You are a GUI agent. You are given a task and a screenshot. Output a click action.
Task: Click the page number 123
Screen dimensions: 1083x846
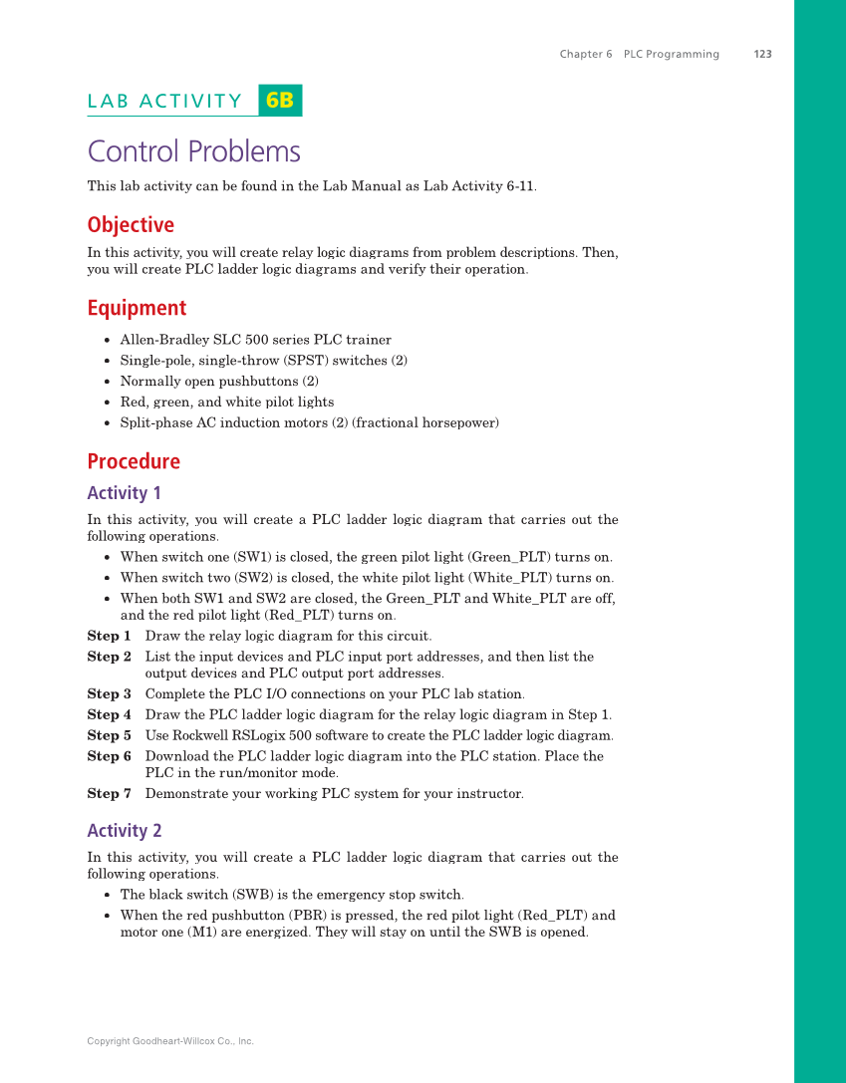click(x=762, y=54)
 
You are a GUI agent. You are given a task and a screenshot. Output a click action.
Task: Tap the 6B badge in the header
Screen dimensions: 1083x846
click(x=280, y=101)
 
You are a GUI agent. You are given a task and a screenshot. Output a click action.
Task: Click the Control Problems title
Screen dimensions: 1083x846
click(x=193, y=151)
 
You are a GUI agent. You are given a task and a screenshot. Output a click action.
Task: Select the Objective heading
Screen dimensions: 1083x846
click(x=131, y=225)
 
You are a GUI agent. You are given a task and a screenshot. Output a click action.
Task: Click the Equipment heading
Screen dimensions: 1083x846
click(x=137, y=308)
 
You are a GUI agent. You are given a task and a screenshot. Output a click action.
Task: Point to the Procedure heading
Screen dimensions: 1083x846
click(x=134, y=461)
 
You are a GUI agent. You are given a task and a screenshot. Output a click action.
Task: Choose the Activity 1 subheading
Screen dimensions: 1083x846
click(x=124, y=493)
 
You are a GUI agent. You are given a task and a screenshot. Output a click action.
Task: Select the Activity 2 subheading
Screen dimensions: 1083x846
click(x=124, y=831)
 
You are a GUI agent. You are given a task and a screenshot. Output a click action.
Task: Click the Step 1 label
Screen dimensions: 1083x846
click(x=109, y=636)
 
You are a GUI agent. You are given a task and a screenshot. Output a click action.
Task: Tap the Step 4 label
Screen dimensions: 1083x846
click(x=109, y=714)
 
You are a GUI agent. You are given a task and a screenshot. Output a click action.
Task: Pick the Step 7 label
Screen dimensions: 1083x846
click(x=109, y=793)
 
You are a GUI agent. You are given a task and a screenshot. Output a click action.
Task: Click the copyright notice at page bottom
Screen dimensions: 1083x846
click(x=170, y=1041)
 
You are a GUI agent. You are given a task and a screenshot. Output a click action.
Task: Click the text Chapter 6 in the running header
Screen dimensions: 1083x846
click(x=586, y=54)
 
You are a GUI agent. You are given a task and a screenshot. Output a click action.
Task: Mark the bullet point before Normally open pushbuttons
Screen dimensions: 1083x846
click(x=107, y=382)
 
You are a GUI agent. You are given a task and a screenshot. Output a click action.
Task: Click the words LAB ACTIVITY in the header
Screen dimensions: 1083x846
click(x=164, y=101)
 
